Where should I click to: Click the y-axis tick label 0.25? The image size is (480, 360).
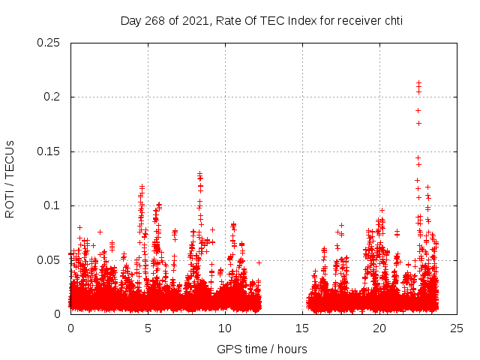tap(49, 43)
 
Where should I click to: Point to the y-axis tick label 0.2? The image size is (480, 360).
tap(52, 97)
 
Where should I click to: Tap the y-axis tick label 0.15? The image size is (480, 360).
tap(49, 151)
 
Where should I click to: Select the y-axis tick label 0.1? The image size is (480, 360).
tap(52, 205)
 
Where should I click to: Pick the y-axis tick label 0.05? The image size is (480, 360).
tap(49, 259)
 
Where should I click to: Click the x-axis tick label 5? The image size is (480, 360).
tap(148, 328)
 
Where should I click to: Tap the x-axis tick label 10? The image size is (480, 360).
tap(225, 328)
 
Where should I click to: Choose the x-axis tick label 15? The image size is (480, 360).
tap(302, 328)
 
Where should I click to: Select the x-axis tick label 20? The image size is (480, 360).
tap(379, 328)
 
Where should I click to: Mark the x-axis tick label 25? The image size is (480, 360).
tap(457, 328)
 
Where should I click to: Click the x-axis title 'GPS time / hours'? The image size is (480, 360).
tap(262, 349)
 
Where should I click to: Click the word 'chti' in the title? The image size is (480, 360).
tap(391, 20)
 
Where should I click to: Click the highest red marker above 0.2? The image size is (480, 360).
tap(418, 82)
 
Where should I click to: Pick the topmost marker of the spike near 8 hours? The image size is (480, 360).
tap(199, 173)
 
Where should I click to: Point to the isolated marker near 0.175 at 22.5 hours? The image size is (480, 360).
tap(418, 123)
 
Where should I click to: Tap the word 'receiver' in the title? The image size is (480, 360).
tap(355, 20)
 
